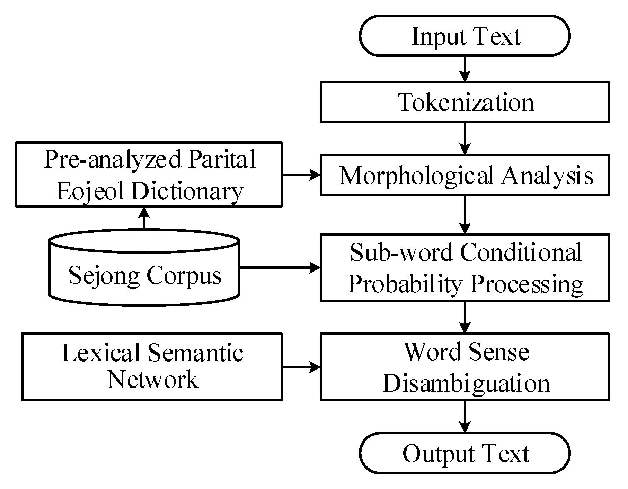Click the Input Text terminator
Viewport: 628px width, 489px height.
[x=465, y=36]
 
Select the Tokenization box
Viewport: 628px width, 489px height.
[x=465, y=102]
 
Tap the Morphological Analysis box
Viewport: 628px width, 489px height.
[x=465, y=175]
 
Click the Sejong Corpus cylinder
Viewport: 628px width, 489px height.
[x=144, y=274]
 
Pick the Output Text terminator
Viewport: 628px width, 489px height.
[x=465, y=453]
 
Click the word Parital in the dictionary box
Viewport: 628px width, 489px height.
[x=222, y=159]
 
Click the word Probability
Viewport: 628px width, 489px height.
[x=405, y=284]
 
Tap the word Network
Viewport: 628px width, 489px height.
[x=152, y=380]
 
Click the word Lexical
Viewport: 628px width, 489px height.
[x=101, y=353]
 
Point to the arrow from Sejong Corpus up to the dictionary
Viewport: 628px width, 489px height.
[x=144, y=218]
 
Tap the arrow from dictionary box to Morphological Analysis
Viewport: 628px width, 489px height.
[x=301, y=175]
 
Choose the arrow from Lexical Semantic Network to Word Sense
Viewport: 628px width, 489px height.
[x=301, y=367]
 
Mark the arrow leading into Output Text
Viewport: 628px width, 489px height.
[x=465, y=417]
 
